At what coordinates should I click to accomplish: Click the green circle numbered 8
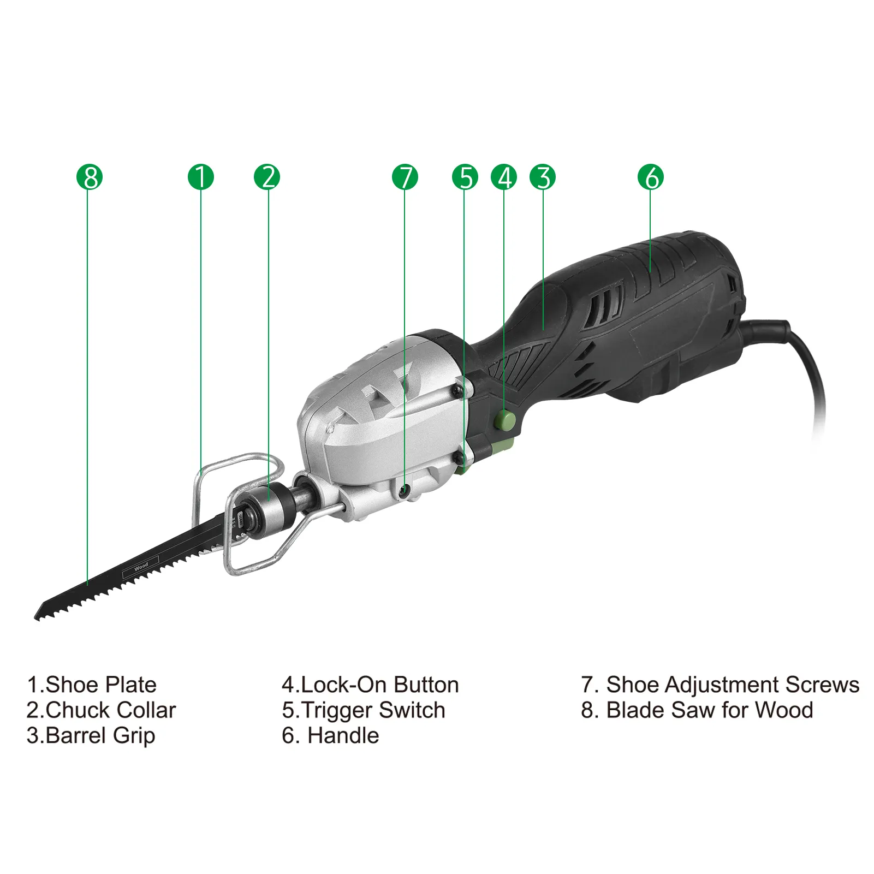90,177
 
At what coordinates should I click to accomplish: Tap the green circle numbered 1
201,177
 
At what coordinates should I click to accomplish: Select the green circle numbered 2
267,177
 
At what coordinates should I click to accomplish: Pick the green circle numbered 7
405,177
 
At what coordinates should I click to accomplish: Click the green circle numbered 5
465,177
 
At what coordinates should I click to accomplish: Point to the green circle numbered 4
504,177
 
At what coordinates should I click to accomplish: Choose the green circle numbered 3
543,177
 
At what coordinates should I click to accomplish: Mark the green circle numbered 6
651,177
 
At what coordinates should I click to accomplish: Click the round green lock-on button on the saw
505,420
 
